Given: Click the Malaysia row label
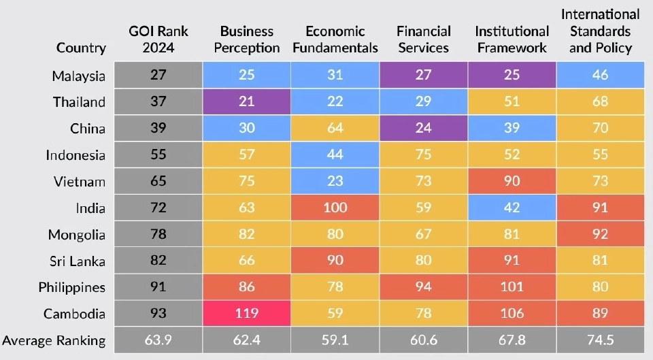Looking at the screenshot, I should [x=79, y=75].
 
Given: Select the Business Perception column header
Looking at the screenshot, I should [x=246, y=39].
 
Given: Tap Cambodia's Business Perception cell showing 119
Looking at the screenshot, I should [x=246, y=314].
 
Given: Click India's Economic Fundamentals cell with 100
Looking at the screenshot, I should [x=335, y=208].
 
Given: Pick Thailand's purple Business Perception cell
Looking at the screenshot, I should [x=246, y=101].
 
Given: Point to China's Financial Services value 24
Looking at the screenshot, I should [x=424, y=128].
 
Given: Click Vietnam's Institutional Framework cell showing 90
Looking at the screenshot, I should [x=512, y=181].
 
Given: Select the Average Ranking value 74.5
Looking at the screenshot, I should [x=600, y=340].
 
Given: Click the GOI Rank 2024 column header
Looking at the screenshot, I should [x=158, y=39].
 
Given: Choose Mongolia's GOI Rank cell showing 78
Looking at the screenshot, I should [x=158, y=234].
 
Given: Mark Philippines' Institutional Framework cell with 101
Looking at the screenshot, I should [x=512, y=287].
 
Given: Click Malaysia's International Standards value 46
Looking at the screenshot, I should [x=600, y=75].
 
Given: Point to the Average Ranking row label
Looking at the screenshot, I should [x=54, y=340].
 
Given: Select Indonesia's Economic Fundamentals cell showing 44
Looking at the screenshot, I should [x=335, y=154].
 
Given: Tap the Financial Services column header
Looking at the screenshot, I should [x=424, y=39].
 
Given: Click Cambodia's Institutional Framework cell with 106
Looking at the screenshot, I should [x=512, y=314].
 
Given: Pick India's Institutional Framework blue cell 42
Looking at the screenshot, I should [x=512, y=208].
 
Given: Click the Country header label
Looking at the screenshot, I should [x=81, y=48].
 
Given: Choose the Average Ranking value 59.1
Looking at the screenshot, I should [x=335, y=340].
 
